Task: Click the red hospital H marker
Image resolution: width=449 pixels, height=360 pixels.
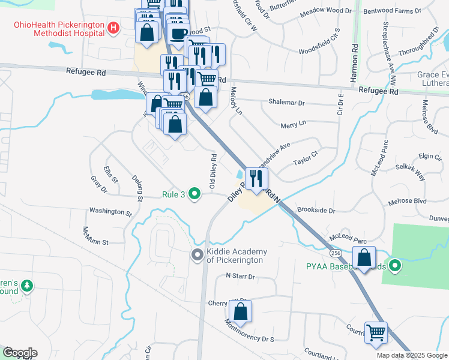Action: tap(113, 28)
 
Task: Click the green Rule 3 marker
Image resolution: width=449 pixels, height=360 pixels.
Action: tap(194, 193)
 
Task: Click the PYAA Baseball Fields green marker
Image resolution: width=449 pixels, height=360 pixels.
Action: tap(394, 265)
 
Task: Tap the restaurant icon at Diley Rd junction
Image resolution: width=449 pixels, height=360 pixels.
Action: tap(256, 178)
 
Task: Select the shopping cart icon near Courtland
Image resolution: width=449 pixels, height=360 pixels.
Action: tap(376, 332)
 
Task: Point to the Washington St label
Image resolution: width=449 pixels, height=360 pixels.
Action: tap(110, 212)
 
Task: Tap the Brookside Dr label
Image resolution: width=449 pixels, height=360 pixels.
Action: tap(315, 211)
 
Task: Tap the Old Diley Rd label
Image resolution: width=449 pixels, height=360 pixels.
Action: tap(212, 172)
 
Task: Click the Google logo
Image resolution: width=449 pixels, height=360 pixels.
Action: tap(19, 353)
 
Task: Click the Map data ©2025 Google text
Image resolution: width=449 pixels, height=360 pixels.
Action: tap(411, 355)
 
